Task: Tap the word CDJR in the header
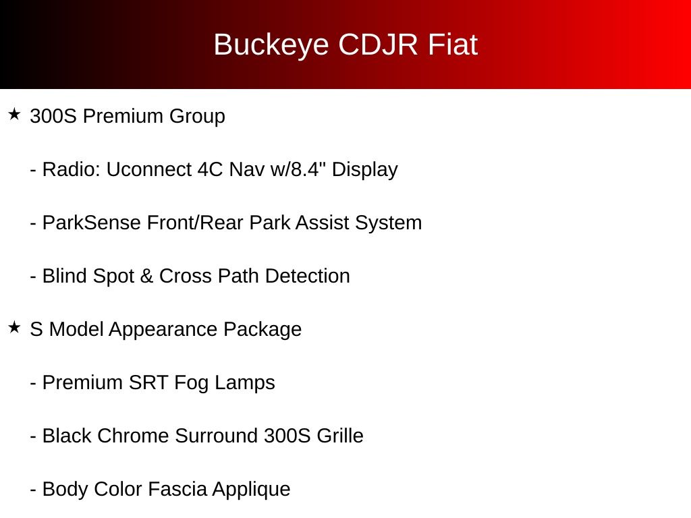click(378, 45)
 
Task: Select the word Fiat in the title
click(453, 45)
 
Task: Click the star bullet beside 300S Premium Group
click(15, 115)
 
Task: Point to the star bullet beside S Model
click(15, 327)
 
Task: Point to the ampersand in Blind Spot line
click(146, 276)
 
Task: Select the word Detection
click(308, 276)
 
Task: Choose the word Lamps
click(244, 384)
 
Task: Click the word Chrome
click(133, 436)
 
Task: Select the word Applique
click(251, 490)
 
